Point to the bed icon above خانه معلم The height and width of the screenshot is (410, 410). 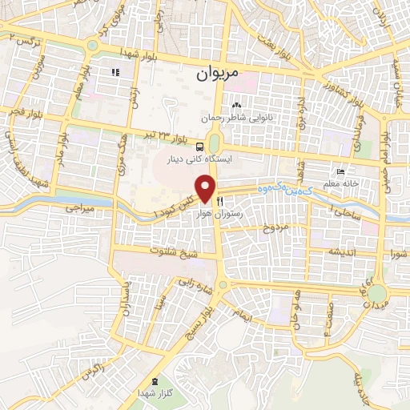(x=341, y=172)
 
